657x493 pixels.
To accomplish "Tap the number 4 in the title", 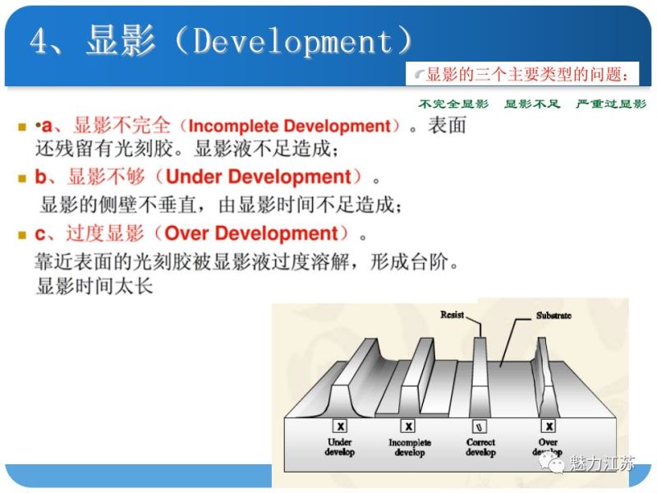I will [x=39, y=41].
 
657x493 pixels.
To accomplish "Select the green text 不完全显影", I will [x=453, y=104].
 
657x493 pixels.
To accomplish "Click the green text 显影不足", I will [x=531, y=104].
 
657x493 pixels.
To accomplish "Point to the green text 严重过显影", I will [x=611, y=104].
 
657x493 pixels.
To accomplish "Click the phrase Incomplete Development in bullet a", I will [x=289, y=127].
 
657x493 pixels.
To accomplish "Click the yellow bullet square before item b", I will [x=22, y=178].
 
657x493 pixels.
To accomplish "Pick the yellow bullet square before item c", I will [x=22, y=235].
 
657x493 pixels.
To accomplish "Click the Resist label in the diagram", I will [x=453, y=315].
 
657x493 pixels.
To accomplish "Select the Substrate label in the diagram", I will [x=554, y=316].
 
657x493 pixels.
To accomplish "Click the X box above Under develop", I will [x=339, y=426].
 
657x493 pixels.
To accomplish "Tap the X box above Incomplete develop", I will [x=408, y=426].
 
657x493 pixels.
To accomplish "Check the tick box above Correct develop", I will [x=480, y=426].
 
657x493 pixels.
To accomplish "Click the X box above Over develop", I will [x=548, y=426].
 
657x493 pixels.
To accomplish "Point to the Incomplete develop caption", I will [x=409, y=447].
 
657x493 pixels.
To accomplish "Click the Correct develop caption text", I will [x=480, y=447].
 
